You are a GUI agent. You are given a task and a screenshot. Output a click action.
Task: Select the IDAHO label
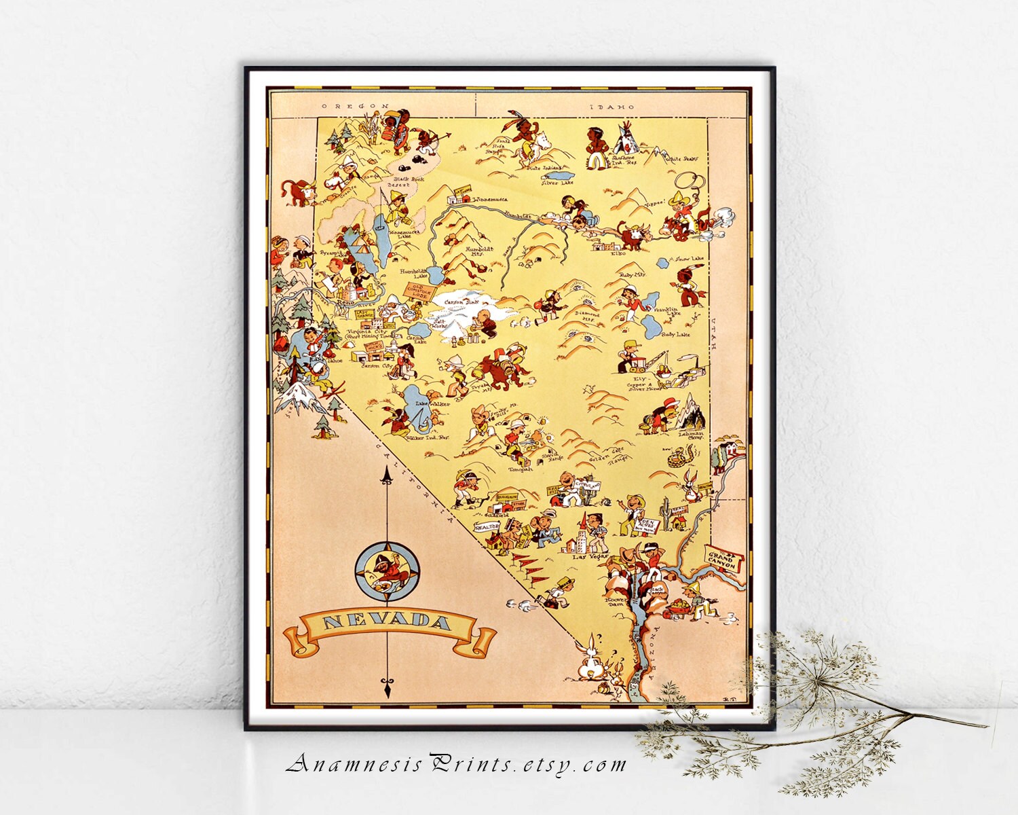(x=611, y=107)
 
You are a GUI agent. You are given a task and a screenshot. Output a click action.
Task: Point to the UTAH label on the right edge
(x=715, y=333)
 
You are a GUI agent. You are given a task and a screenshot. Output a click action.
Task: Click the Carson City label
(x=377, y=365)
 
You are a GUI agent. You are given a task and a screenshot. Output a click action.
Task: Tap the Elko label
(x=618, y=253)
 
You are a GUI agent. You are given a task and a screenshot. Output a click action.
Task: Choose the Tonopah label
(x=521, y=468)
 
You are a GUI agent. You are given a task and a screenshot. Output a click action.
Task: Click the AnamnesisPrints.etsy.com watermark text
(x=455, y=765)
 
